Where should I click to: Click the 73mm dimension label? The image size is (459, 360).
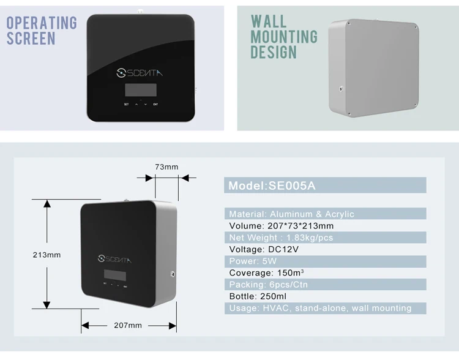pos(166,167)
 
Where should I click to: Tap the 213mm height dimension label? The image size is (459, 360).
pos(47,255)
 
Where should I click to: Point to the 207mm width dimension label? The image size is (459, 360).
pos(129,325)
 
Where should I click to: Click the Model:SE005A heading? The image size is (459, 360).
pos(272,186)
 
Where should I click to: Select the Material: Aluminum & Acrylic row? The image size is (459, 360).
pos(291,214)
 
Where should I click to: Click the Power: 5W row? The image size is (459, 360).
pos(253,261)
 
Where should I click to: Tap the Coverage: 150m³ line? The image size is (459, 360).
pos(267,272)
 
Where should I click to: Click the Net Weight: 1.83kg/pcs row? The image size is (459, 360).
pos(281,238)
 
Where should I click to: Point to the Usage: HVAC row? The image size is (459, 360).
pos(320,308)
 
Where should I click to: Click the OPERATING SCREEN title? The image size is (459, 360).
pos(42,31)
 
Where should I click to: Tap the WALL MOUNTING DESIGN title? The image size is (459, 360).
pos(284,37)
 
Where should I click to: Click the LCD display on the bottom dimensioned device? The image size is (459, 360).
pos(115,275)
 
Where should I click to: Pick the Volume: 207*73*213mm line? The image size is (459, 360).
pos(281,226)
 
